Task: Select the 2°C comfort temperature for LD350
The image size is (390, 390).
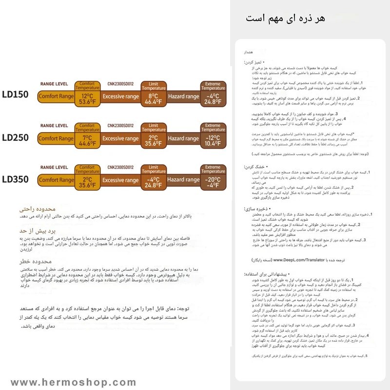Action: click(87, 182)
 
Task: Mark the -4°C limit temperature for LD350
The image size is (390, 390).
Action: click(153, 182)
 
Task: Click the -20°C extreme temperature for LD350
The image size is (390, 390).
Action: click(213, 182)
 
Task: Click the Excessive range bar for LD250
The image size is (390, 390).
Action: click(120, 138)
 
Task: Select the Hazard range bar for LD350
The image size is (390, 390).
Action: click(183, 180)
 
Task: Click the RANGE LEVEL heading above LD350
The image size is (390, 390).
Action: click(54, 167)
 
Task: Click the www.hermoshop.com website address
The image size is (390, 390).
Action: click(73, 382)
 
